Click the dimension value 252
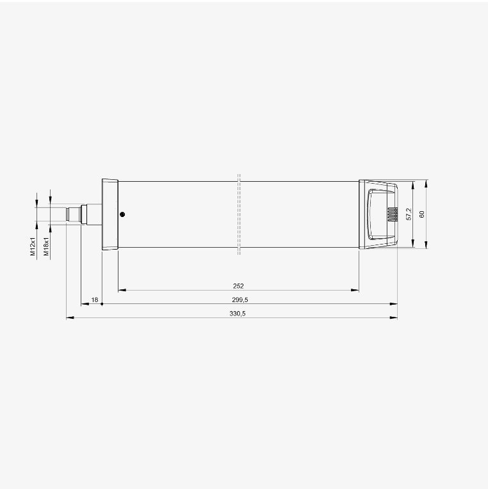click(x=238, y=286)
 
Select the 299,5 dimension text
click(x=240, y=300)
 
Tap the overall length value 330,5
click(x=238, y=314)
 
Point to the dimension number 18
click(x=95, y=300)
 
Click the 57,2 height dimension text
click(x=409, y=214)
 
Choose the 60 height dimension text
click(x=422, y=214)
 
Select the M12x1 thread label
click(x=33, y=246)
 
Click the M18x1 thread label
click(x=46, y=246)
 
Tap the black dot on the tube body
click(x=122, y=214)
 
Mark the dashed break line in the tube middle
click(x=239, y=214)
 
